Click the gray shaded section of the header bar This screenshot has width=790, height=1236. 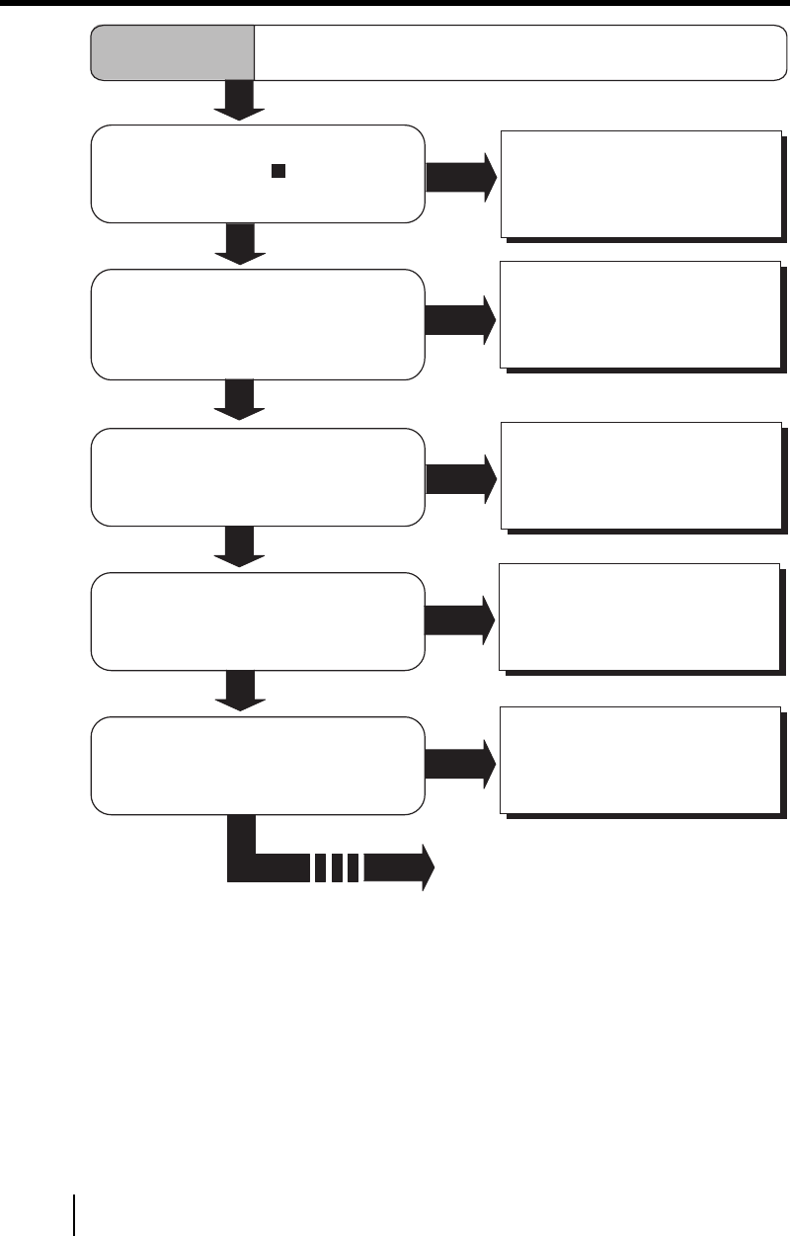[x=173, y=52]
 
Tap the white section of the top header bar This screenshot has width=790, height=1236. [x=513, y=52]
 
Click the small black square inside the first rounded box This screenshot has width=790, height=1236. [x=278, y=170]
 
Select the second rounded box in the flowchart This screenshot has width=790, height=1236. [x=258, y=323]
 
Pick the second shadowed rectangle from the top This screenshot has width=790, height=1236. [x=640, y=313]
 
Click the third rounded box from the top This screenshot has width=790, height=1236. [x=258, y=476]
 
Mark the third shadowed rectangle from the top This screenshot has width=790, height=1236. [x=640, y=475]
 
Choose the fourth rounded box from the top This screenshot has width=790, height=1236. [x=258, y=620]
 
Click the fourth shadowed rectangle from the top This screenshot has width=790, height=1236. [x=640, y=617]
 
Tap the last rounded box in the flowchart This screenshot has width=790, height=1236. [x=258, y=766]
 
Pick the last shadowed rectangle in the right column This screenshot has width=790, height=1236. [x=640, y=759]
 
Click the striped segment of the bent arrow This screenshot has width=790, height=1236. [x=337, y=868]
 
